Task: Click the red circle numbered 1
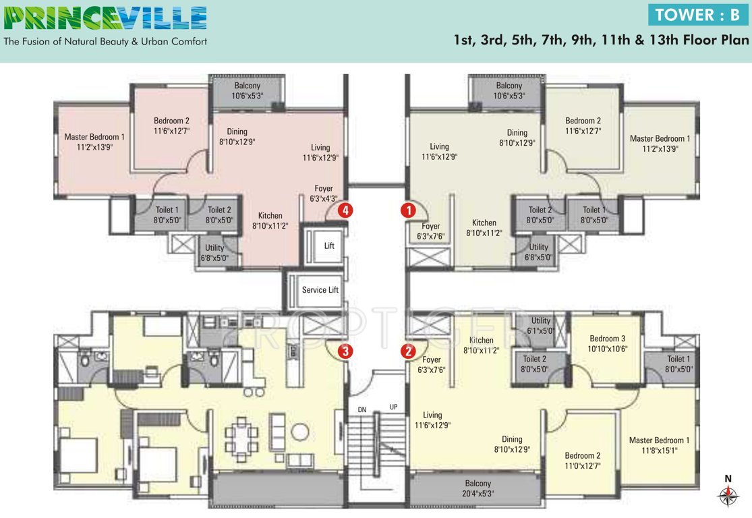[x=409, y=210]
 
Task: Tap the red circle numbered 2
[x=408, y=350]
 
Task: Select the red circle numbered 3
[x=345, y=350]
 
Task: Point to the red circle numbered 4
[x=345, y=210]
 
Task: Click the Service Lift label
[x=320, y=290]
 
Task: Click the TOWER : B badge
[x=697, y=15]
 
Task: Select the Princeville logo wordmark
[x=105, y=18]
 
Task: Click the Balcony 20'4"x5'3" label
[x=478, y=488]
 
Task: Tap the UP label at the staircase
[x=394, y=407]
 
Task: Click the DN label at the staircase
[x=362, y=409]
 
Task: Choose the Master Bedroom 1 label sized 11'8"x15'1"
[x=659, y=445]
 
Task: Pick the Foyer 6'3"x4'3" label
[x=324, y=194]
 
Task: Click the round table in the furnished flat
[x=300, y=431]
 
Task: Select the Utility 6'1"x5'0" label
[x=541, y=326]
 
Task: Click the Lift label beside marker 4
[x=329, y=246]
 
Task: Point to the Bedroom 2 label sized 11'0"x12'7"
[x=579, y=460]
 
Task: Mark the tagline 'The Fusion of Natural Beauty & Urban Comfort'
[x=105, y=42]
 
